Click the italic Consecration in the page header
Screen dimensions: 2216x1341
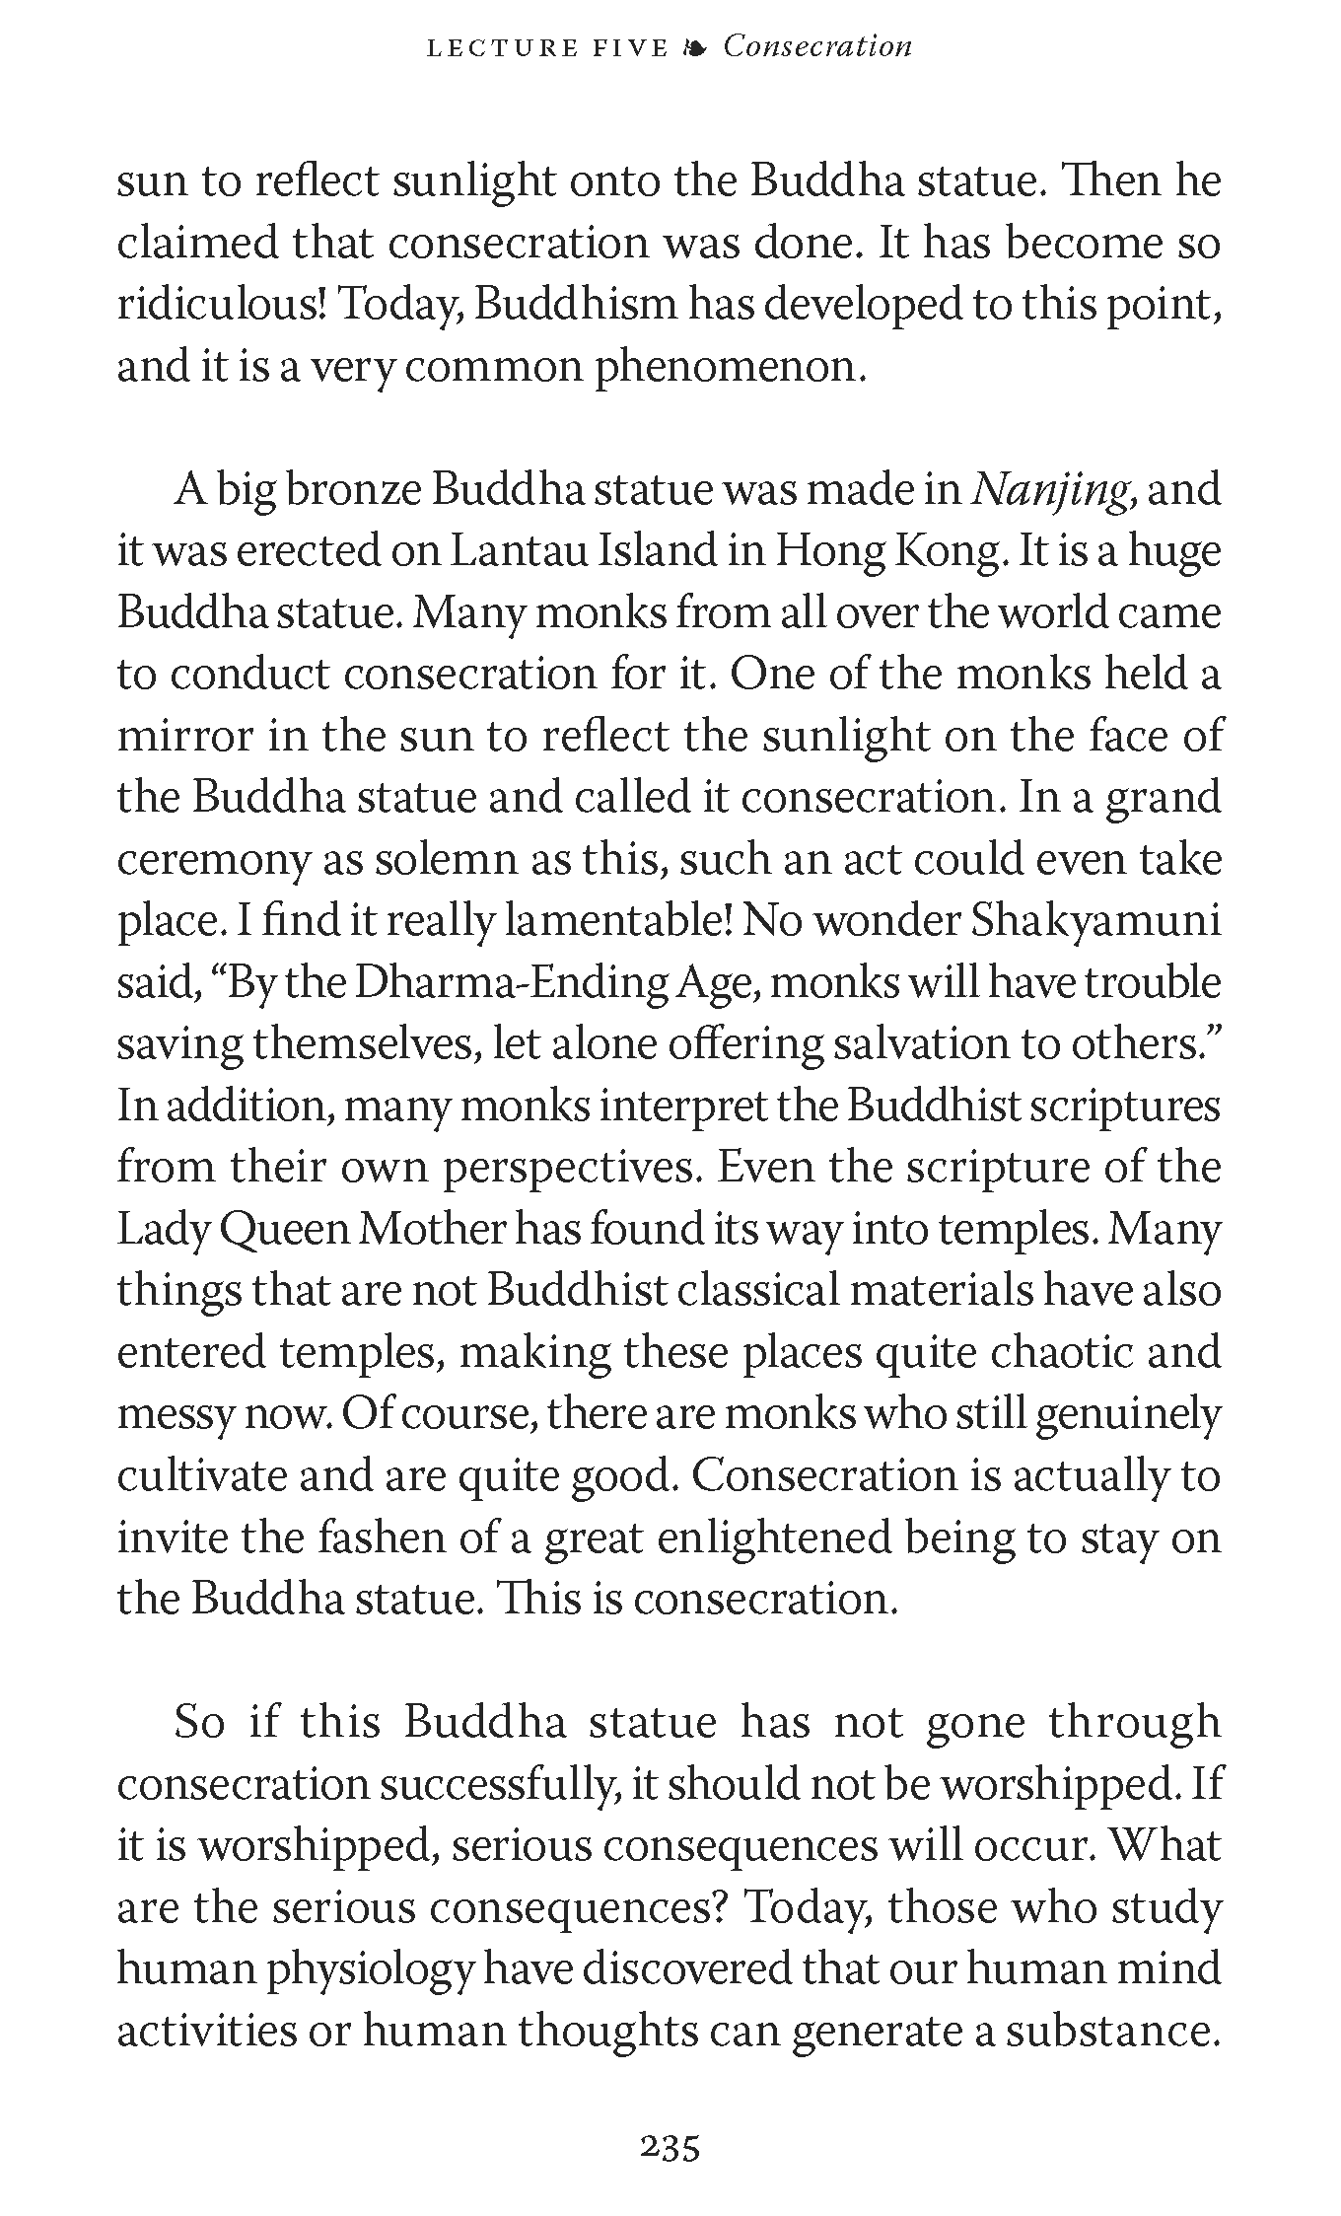(x=817, y=46)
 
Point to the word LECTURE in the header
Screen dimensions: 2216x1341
(x=490, y=48)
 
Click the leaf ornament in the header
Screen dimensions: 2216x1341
(x=695, y=48)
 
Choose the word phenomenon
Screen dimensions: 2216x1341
(x=729, y=368)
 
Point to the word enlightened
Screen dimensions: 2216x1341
(x=776, y=1537)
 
